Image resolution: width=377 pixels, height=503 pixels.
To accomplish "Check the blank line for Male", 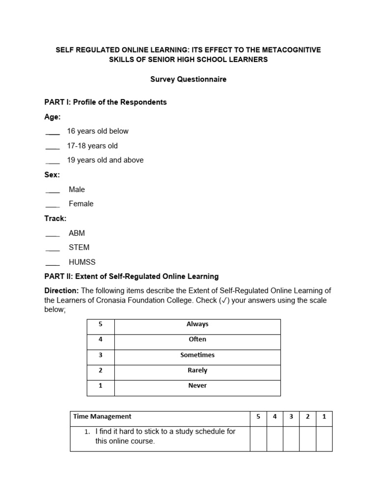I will tap(53, 191).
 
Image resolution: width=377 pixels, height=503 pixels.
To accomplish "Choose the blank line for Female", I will tap(53, 205).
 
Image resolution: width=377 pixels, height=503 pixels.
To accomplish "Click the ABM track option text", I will tap(77, 233).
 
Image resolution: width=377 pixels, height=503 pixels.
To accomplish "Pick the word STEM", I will tap(79, 248).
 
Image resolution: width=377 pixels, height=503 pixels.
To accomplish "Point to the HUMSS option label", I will tap(81, 262).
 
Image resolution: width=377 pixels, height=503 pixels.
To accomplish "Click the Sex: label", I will tap(52, 175).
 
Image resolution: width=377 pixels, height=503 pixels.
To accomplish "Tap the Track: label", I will tap(55, 219).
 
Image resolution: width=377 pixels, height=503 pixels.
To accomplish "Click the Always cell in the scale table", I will tap(197, 324).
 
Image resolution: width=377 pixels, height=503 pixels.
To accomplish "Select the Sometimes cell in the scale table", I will tap(197, 355).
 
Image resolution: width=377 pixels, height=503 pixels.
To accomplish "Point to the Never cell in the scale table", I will tap(197, 386).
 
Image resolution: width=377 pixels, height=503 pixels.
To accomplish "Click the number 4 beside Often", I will tap(100, 339).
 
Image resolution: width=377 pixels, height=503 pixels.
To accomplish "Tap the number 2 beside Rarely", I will tap(100, 370).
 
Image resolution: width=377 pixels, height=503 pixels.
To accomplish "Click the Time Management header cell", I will tap(103, 417).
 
